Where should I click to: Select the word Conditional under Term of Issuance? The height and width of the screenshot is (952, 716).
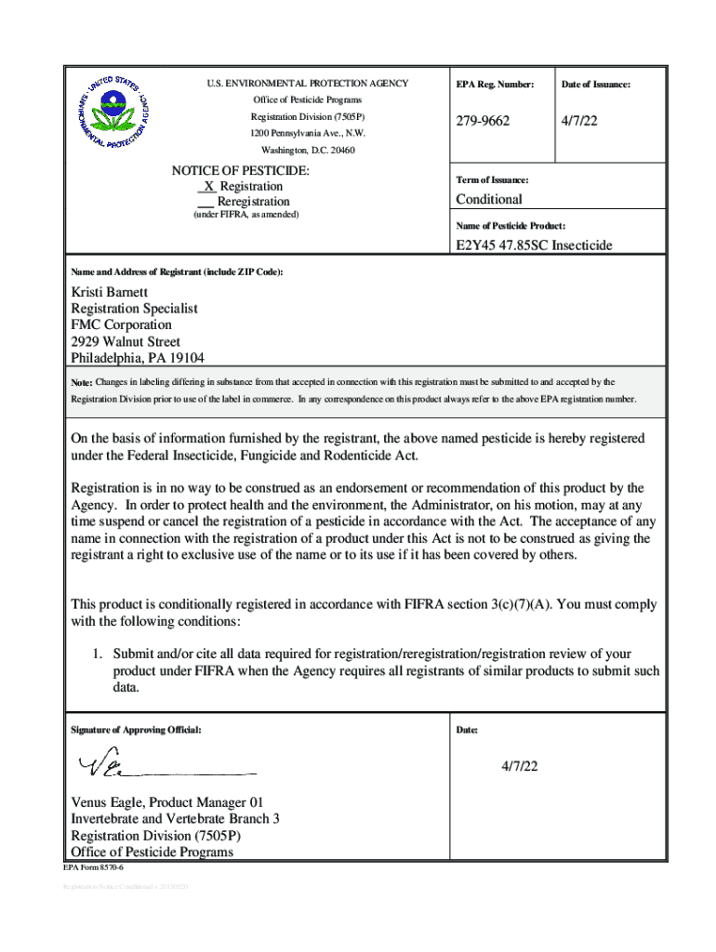tap(489, 199)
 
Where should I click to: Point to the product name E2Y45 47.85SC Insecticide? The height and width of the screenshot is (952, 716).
tap(535, 245)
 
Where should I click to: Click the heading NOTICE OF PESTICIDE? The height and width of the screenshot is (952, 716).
tap(241, 171)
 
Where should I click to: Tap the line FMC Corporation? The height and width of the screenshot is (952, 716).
tap(122, 324)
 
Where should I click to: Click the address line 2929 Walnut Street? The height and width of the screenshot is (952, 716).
tap(126, 341)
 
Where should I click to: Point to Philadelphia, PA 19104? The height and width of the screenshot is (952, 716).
tap(139, 358)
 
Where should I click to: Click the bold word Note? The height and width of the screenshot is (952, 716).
tap(82, 383)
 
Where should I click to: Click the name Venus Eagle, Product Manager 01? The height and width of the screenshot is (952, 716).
tap(172, 802)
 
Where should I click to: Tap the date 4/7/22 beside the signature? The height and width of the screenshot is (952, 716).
tap(520, 767)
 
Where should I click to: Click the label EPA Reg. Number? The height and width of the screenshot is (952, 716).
tap(495, 85)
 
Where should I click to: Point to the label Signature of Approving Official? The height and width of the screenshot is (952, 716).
tap(136, 730)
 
